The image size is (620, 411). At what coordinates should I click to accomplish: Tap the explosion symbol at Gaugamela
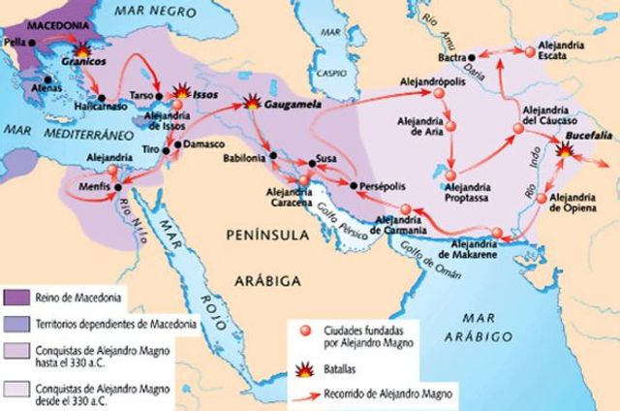tap(255, 100)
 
